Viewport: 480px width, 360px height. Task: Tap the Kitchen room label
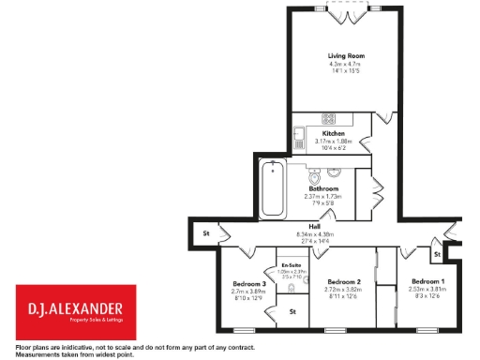point(333,134)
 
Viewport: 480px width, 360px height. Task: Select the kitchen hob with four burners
point(330,119)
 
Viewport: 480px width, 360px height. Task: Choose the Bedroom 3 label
point(250,283)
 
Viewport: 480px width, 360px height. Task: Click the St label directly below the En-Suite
point(292,310)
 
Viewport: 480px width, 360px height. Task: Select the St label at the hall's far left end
point(204,232)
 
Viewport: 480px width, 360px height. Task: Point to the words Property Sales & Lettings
point(76,321)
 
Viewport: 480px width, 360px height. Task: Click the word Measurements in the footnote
point(31,355)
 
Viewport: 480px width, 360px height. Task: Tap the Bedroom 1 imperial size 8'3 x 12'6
point(427,296)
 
